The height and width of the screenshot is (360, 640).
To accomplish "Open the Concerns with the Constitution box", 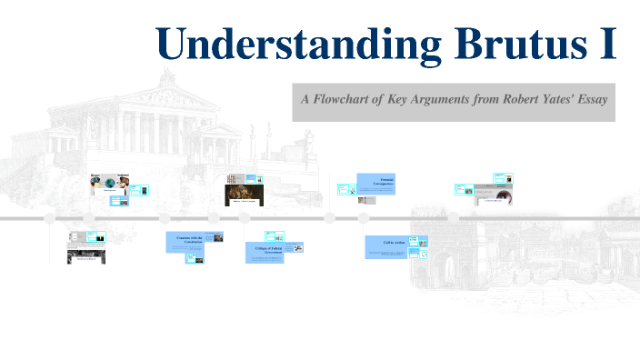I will (185, 241).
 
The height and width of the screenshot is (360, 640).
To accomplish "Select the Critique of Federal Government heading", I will (264, 251).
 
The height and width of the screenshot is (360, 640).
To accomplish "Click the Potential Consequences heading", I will (376, 183).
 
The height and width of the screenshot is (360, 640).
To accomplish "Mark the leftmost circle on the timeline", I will (49, 218).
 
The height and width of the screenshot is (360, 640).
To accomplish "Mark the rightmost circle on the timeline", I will (453, 218).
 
